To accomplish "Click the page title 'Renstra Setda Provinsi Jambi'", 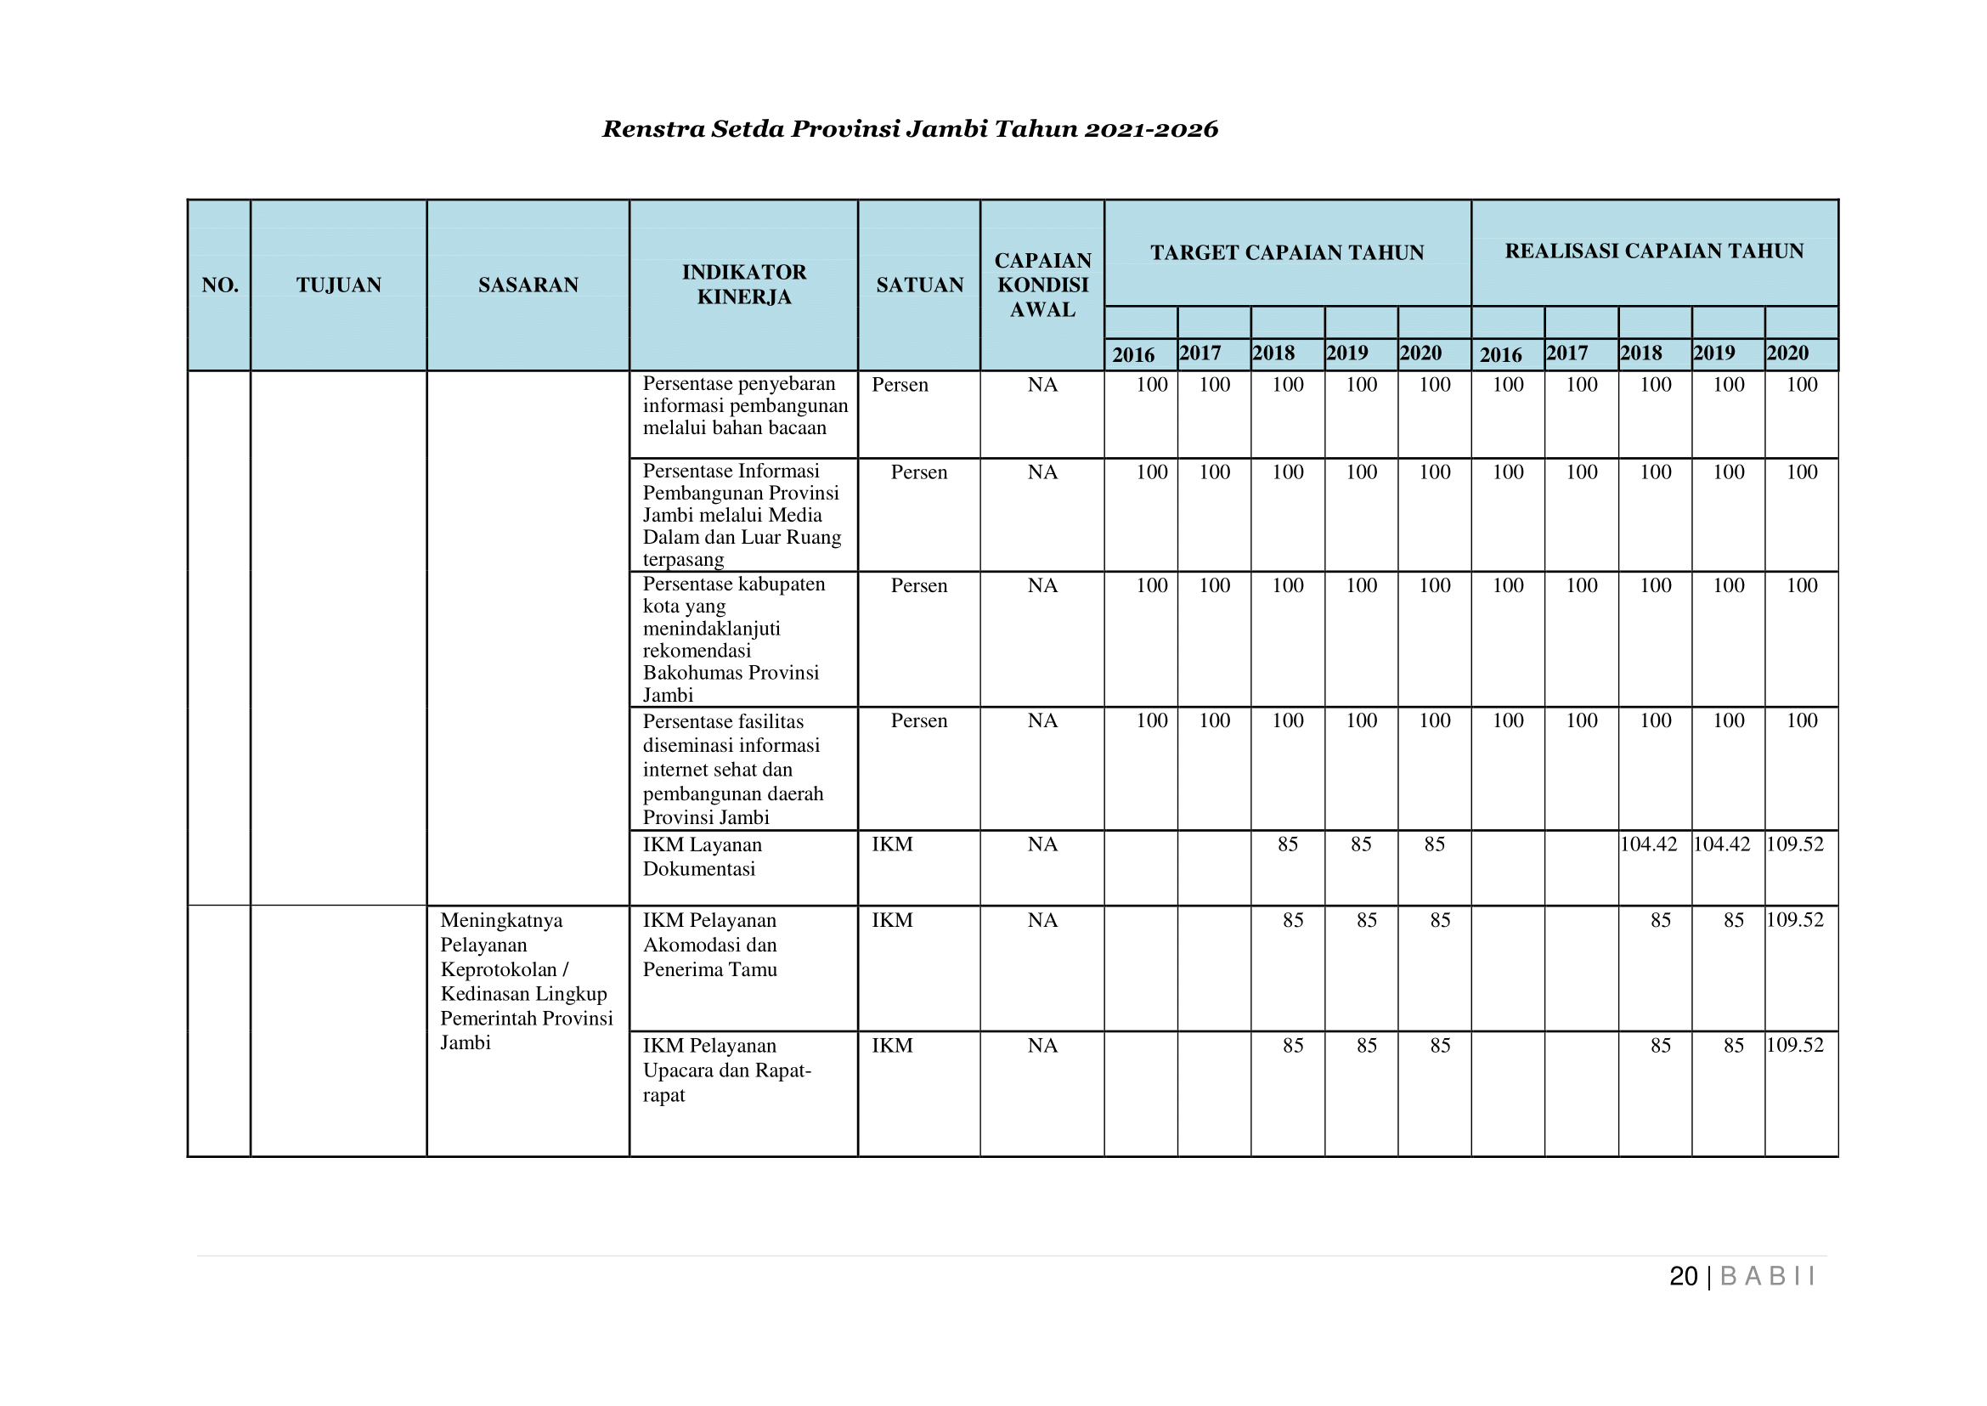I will tap(909, 129).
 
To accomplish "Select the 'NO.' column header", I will tap(220, 285).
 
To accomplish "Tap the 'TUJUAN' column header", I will tap(338, 285).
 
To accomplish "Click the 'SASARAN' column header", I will tap(528, 285).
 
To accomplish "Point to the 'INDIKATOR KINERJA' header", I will tap(743, 284).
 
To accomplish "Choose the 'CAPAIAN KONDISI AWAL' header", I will tap(1042, 285).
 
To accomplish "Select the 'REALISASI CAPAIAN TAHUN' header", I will tap(1654, 251).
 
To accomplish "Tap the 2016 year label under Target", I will tap(1133, 354).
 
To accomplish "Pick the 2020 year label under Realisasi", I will tap(1788, 353).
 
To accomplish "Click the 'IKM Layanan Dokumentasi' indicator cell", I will tap(703, 856).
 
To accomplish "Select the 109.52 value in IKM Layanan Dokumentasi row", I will tap(1795, 844).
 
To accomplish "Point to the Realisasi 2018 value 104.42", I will tap(1649, 844).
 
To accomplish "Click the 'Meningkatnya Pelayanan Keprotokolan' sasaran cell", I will tap(526, 981).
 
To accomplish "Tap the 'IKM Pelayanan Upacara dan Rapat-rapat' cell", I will tap(726, 1070).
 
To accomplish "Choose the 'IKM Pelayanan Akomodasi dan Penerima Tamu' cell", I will tap(709, 945).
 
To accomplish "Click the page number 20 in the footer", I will tap(1683, 1277).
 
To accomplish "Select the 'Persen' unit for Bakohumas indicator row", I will tap(918, 586).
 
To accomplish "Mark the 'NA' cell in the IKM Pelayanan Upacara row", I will tap(1042, 1046).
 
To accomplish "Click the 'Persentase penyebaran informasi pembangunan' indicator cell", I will tap(744, 406).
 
